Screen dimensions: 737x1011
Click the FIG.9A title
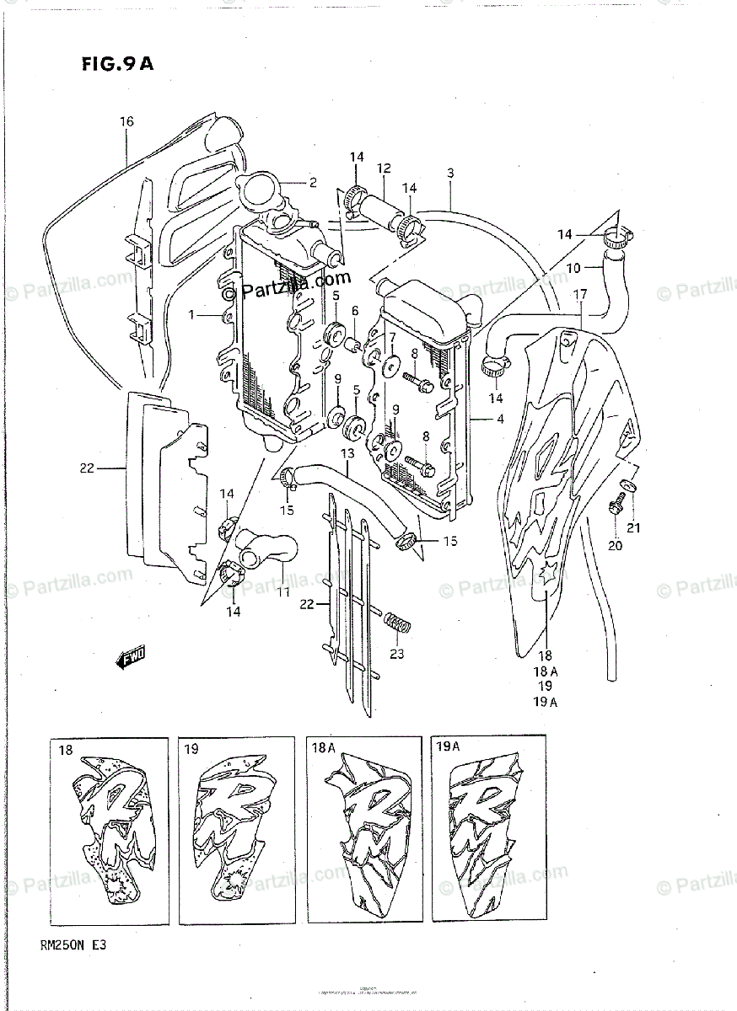coord(118,65)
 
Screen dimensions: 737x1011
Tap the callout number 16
coord(126,122)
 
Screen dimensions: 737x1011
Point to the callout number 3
coord(450,174)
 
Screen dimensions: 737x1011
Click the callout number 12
coord(384,168)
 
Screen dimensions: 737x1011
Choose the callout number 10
coord(573,270)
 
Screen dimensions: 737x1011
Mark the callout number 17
coord(580,294)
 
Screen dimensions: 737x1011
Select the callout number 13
coord(347,454)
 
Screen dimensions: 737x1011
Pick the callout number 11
coord(283,591)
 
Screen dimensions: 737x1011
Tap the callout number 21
coord(633,528)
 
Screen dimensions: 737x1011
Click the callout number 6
coord(355,311)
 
